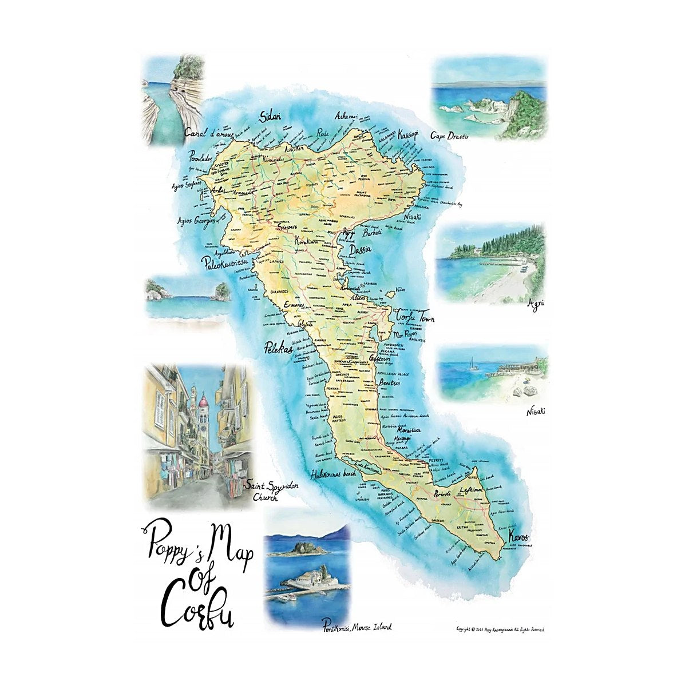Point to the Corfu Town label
click(x=415, y=318)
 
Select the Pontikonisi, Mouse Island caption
click(x=357, y=627)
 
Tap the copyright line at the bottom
click(x=500, y=629)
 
